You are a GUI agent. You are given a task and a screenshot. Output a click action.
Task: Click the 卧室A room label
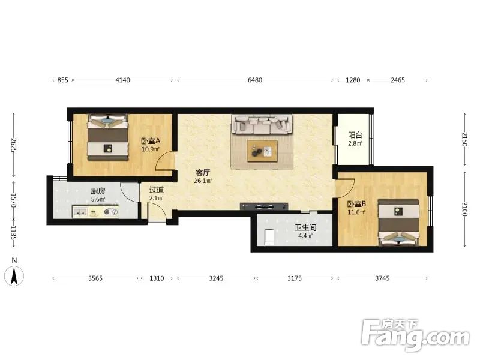point(151,141)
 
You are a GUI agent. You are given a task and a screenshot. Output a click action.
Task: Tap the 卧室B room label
point(356,204)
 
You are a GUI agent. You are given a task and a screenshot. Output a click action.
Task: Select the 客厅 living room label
point(203,173)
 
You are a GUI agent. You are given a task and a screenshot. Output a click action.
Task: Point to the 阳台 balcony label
point(355,135)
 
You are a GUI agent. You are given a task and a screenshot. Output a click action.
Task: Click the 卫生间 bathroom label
point(305,228)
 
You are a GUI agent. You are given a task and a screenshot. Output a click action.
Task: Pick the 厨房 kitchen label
point(98,191)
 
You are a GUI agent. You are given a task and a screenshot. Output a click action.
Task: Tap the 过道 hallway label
point(157,190)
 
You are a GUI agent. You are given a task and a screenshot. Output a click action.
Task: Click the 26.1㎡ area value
point(203,181)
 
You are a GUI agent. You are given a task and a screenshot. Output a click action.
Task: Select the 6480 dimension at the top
point(254,80)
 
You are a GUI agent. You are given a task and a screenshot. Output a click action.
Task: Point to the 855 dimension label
point(62,80)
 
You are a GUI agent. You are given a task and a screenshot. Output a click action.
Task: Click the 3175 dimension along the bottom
point(295,278)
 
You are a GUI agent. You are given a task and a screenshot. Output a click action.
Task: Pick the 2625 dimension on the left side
point(14,145)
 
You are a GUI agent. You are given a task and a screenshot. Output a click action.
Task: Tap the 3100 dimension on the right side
point(464,209)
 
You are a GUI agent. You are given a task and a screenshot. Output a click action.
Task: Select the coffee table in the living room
point(262,151)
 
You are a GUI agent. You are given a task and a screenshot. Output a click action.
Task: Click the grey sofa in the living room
point(262,124)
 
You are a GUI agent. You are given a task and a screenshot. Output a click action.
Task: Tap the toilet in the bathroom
point(269,237)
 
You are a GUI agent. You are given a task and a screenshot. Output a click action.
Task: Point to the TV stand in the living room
point(264,206)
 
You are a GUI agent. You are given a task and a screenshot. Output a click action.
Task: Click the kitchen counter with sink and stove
point(95,212)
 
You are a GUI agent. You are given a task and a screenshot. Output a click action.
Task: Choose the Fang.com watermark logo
point(415,335)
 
